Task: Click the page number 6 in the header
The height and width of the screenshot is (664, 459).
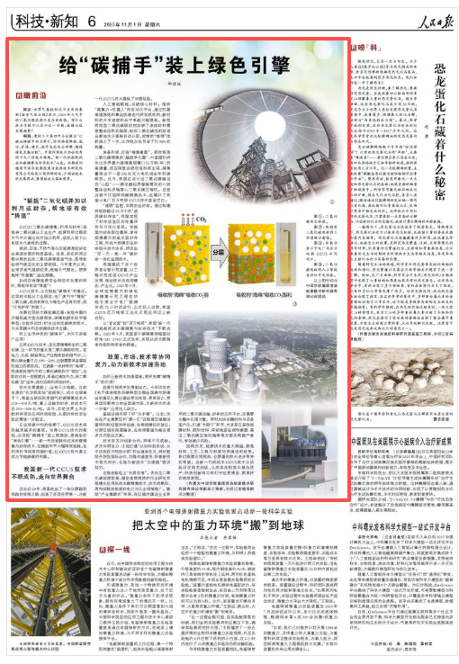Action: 93,19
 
